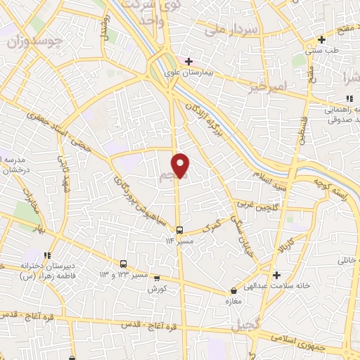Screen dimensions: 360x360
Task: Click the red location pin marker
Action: [181, 165]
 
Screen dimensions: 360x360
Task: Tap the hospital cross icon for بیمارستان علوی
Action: [188, 61]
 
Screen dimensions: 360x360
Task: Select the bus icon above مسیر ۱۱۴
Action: [180, 229]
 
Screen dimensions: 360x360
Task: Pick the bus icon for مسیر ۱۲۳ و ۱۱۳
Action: [124, 263]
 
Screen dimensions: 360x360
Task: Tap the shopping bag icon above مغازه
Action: [234, 290]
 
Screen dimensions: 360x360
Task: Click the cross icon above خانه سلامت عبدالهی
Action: [278, 274]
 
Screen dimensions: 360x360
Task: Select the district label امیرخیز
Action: [268, 86]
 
